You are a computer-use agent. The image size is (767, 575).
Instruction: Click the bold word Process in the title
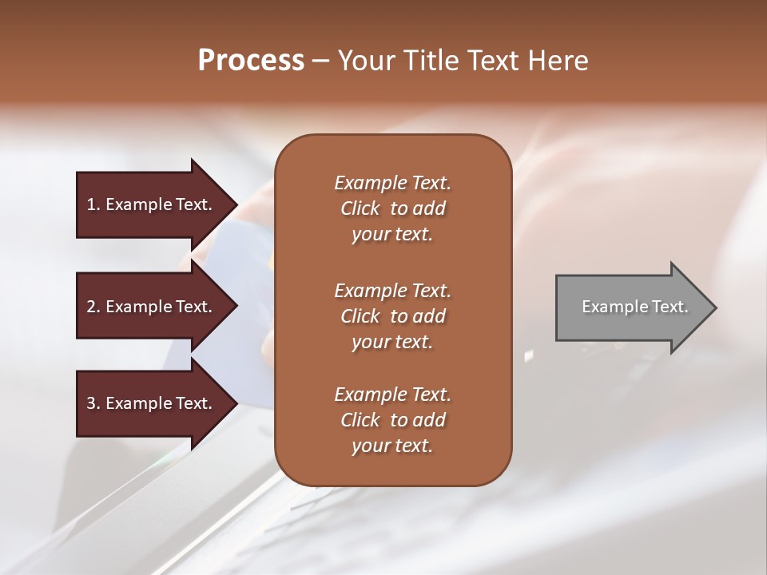point(251,61)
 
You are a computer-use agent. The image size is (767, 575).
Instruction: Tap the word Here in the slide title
point(558,61)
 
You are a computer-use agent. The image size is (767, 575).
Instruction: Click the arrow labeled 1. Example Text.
point(152,204)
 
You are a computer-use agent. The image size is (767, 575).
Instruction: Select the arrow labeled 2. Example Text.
point(152,307)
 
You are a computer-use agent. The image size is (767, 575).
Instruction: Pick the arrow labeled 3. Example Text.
point(152,403)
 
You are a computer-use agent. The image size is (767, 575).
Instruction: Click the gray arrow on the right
point(631,307)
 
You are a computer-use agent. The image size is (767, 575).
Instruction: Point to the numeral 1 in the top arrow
point(91,204)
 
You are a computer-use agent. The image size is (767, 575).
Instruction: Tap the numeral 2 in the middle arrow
point(91,307)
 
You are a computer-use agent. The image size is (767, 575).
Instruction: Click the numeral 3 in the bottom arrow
point(91,403)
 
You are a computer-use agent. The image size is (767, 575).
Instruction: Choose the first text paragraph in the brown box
point(392,208)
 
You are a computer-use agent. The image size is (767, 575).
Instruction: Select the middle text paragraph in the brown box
point(392,316)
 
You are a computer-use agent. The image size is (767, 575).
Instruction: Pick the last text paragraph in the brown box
point(392,420)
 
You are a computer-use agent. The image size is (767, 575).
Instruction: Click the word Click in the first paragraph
point(360,208)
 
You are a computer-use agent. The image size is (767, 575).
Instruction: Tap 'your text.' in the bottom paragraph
point(392,446)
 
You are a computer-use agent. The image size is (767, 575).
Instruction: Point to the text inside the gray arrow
point(634,307)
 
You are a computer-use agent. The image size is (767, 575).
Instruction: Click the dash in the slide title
point(320,61)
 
